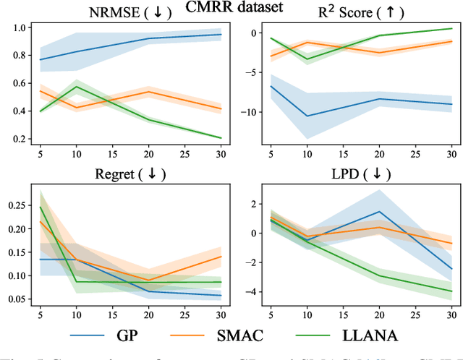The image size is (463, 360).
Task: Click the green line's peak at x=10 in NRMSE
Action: [77, 87]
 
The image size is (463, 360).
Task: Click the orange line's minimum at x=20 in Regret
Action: [148, 280]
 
